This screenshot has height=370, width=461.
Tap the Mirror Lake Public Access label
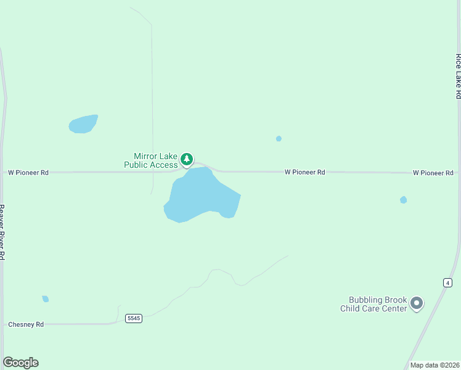[151, 160]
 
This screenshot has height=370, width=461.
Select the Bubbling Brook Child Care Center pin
[417, 303]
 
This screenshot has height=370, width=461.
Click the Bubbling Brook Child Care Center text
[373, 304]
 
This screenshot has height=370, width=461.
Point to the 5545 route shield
[134, 318]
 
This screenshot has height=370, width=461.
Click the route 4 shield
[447, 282]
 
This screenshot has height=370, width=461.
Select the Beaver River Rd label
[2, 232]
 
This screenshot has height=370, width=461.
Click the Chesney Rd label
[26, 324]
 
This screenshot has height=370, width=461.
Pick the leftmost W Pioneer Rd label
[28, 173]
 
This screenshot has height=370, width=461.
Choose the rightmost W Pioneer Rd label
[433, 173]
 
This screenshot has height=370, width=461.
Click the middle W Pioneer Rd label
[304, 173]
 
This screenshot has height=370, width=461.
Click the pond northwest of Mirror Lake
[83, 124]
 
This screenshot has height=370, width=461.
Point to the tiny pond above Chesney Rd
[45, 299]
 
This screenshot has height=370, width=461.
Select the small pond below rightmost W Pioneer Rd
[403, 200]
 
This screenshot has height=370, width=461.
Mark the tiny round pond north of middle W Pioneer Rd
[279, 139]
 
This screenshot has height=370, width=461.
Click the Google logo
[20, 363]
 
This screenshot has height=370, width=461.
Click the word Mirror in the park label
[145, 157]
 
